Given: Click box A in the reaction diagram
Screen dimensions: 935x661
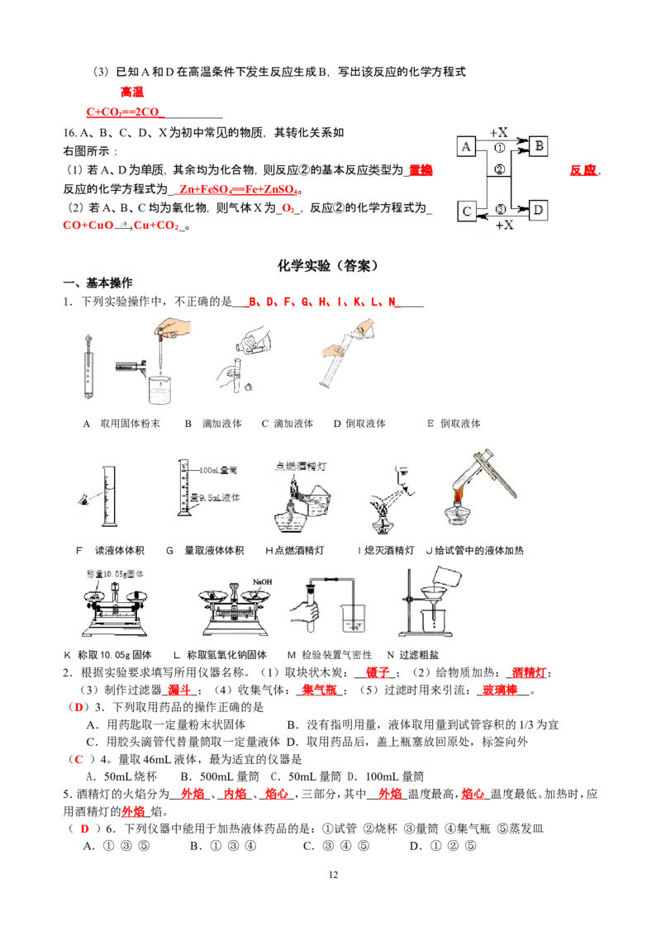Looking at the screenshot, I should coord(466,147).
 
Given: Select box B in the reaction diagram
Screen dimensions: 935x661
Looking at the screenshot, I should coord(539,147).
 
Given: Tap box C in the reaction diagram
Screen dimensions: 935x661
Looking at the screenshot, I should coord(466,211).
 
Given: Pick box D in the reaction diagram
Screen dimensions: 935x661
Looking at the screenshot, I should coord(539,210).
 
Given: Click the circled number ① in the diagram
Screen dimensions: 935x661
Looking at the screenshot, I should coord(499,149).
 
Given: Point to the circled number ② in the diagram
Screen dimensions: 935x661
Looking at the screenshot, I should coord(499,169).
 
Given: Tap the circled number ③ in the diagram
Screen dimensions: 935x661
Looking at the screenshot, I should coord(499,208).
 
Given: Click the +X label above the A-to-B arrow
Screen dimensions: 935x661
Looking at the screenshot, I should coord(499,132).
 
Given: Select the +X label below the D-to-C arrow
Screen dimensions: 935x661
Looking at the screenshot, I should coord(504,225).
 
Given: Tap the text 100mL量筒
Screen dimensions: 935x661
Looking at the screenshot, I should coord(218,470).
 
